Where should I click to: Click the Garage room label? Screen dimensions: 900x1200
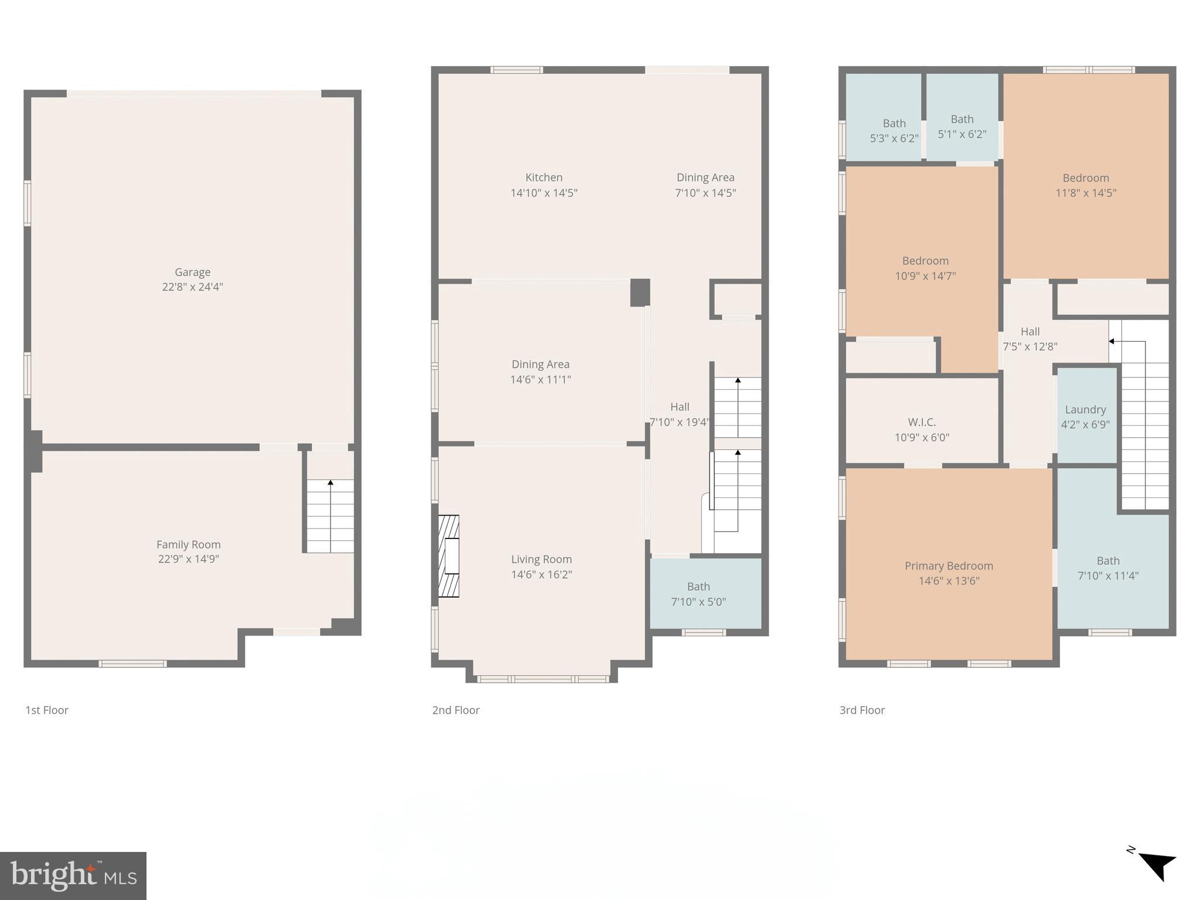coord(192,272)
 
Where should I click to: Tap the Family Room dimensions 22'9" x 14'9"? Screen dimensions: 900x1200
coord(188,559)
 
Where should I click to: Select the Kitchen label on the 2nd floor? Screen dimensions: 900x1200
coord(544,178)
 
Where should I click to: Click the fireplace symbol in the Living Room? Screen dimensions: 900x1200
coord(449,556)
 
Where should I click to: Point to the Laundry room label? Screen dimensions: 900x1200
coord(1085,410)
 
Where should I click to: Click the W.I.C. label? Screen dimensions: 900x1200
coord(922,422)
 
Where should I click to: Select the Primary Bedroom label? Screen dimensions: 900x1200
coord(949,565)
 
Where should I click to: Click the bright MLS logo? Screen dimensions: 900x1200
coord(73,876)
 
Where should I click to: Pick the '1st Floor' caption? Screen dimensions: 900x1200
coord(47,710)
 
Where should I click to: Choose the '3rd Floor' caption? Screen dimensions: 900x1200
coord(862,710)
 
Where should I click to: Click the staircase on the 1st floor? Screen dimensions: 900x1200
coord(330,516)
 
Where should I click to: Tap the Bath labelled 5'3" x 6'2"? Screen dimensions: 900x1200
coord(894,131)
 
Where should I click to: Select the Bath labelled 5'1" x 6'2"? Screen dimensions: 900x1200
coord(962,127)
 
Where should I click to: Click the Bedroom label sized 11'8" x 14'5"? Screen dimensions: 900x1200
coord(1086,185)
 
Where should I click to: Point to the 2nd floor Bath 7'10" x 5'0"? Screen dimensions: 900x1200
coord(698,594)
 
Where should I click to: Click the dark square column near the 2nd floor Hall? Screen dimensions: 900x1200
coord(640,292)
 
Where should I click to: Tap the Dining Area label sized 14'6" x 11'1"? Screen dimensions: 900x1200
coord(540,371)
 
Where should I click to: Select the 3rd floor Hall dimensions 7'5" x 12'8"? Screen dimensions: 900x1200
coord(1029,346)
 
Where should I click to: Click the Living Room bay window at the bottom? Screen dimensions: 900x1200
coord(543,679)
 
